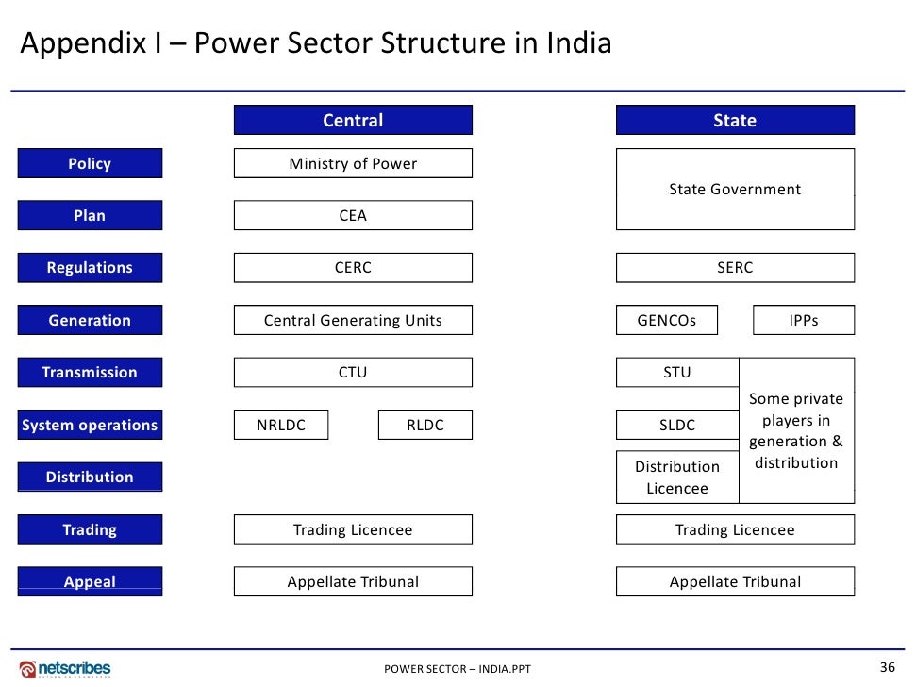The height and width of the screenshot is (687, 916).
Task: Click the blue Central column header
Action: [353, 121]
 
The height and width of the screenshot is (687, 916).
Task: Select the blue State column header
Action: [735, 121]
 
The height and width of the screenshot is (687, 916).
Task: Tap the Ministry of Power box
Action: [353, 164]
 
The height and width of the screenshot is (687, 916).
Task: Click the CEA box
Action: [353, 216]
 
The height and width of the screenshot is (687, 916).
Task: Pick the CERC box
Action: [353, 268]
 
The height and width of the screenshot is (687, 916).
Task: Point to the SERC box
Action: [735, 268]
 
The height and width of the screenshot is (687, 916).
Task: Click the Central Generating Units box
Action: [353, 321]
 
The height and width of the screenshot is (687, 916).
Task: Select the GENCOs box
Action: [667, 321]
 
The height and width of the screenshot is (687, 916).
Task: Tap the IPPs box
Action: [804, 321]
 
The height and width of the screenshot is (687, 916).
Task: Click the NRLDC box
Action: [281, 426]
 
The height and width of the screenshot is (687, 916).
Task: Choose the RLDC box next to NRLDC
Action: [425, 426]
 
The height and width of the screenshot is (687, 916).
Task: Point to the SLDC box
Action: [677, 426]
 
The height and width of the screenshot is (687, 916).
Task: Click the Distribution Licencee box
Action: [677, 478]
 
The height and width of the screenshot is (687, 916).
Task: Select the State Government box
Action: [735, 190]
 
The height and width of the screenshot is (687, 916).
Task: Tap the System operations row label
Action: [90, 426]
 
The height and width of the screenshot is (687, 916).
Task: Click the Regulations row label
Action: [90, 268]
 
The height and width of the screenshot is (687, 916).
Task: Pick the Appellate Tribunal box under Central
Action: [353, 582]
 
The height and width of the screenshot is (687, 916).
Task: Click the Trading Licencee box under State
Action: [735, 530]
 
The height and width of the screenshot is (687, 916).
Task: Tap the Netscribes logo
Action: [65, 669]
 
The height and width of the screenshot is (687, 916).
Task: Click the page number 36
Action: [887, 668]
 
